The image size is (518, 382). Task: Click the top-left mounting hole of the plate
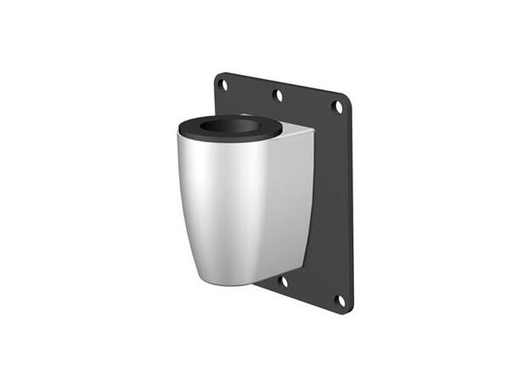pos(222,83)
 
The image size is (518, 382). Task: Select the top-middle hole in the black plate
pos(278,94)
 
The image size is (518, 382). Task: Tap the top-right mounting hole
pos(337,107)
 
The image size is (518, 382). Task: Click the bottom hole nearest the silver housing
pos(284,281)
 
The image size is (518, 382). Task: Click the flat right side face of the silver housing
pos(293,204)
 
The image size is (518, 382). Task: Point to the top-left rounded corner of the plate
pos(217,76)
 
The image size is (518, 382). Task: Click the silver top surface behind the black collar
pos(297,132)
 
